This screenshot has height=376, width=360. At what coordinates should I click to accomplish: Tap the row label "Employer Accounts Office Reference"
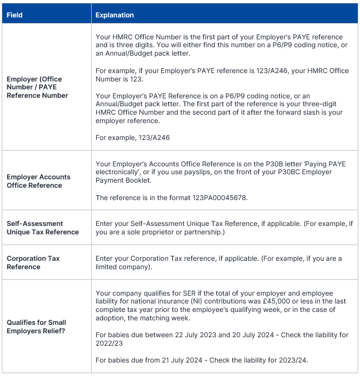pyautogui.click(x=38, y=181)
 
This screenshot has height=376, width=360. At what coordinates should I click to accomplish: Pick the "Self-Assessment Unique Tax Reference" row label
pyautogui.click(x=42, y=228)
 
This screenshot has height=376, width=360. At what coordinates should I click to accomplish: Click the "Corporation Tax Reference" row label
pyautogui.click(x=33, y=262)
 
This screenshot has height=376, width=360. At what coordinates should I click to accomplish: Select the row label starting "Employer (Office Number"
pyautogui.click(x=37, y=87)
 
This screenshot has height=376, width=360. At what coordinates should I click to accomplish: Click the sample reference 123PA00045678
pyautogui.click(x=221, y=198)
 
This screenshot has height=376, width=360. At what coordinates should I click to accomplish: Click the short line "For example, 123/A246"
pyautogui.click(x=133, y=137)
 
